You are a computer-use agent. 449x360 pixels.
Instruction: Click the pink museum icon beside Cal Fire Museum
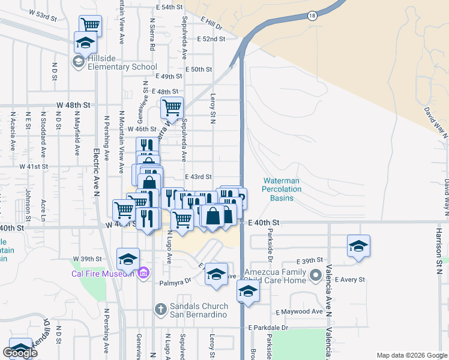143,274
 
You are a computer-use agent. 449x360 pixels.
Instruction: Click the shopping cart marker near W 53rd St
90,25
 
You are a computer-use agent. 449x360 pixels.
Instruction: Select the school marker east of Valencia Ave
358,245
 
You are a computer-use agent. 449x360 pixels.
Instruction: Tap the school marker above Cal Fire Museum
127,259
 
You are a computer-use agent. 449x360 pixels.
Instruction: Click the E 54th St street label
169,7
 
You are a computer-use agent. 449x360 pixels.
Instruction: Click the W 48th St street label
73,105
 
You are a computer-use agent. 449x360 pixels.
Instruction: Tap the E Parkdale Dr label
268,328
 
